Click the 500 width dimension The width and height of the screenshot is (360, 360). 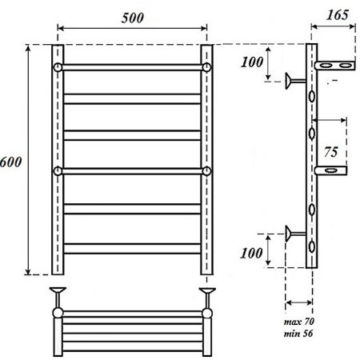pyautogui.click(x=132, y=18)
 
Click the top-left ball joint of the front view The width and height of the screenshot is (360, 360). pyautogui.click(x=58, y=66)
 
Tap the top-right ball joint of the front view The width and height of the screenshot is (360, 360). pyautogui.click(x=206, y=66)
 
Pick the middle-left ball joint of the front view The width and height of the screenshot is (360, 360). pyautogui.click(x=58, y=170)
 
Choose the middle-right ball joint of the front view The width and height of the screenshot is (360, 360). pyautogui.click(x=206, y=170)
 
